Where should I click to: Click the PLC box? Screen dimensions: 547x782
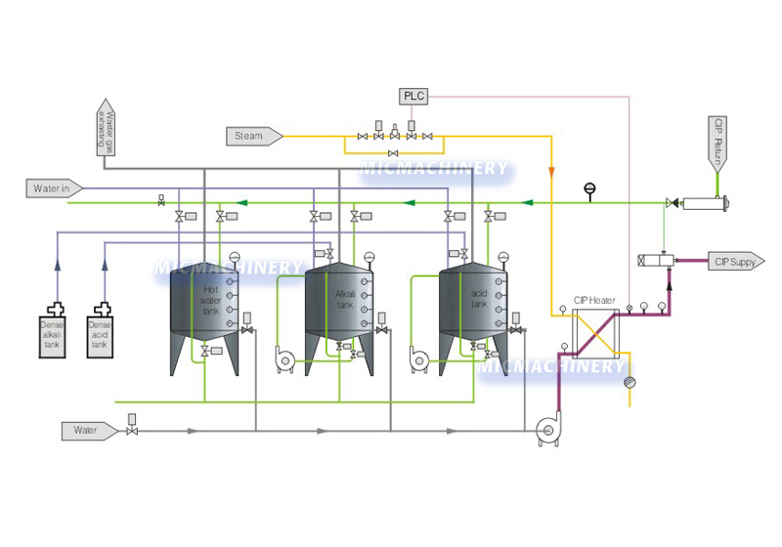(x=413, y=96)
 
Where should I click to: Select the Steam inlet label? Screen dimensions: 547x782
(x=253, y=136)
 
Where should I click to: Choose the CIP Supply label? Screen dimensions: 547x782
(x=735, y=261)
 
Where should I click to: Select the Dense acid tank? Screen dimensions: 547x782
(x=101, y=331)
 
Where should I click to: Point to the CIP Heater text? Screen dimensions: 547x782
(x=593, y=300)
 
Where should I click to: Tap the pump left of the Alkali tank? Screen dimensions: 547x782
(x=286, y=359)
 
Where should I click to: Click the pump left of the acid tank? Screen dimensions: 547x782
(x=420, y=359)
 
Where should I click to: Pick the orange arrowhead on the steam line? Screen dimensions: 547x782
(x=552, y=173)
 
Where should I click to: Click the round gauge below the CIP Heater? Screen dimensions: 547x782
(x=630, y=382)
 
